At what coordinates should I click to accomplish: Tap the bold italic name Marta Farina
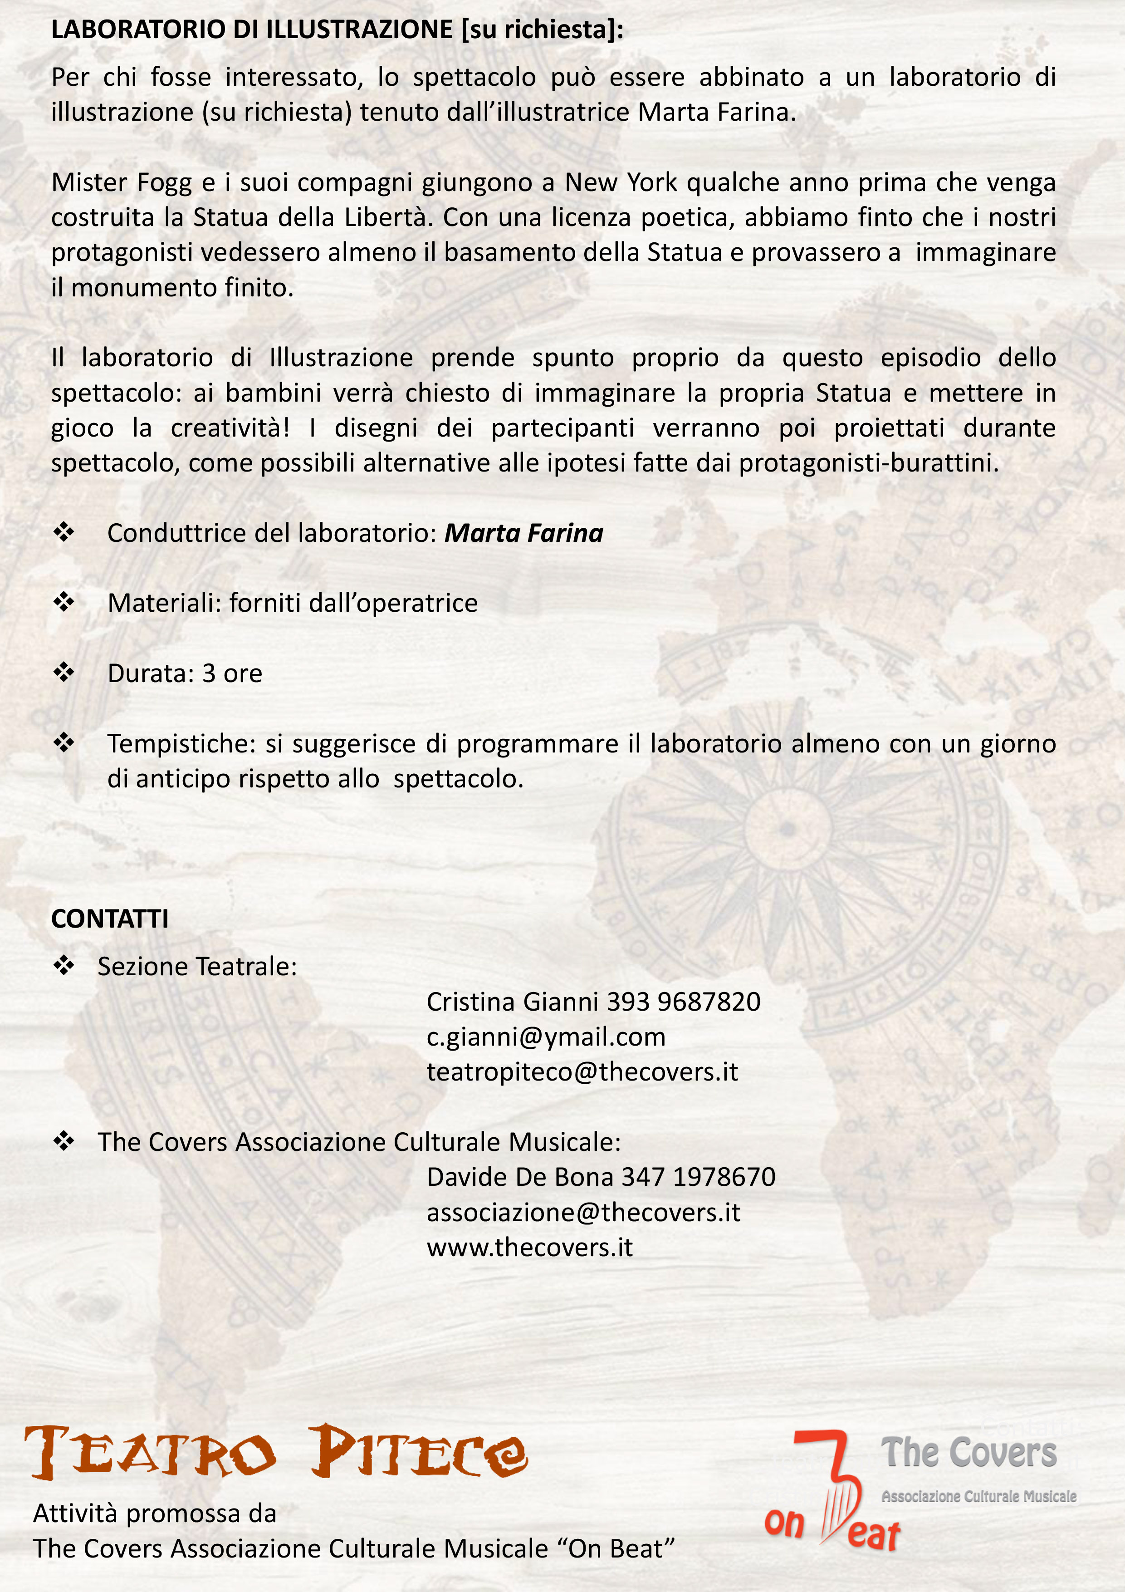click(523, 533)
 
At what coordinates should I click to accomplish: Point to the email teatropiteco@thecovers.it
click(582, 1072)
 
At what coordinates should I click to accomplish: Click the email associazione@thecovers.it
click(583, 1212)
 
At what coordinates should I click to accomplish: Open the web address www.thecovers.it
click(529, 1248)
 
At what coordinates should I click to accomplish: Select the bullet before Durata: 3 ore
click(64, 673)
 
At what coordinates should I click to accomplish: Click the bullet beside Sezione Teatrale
click(64, 966)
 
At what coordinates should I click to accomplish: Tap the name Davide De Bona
click(521, 1177)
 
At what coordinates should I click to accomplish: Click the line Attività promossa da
click(155, 1513)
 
